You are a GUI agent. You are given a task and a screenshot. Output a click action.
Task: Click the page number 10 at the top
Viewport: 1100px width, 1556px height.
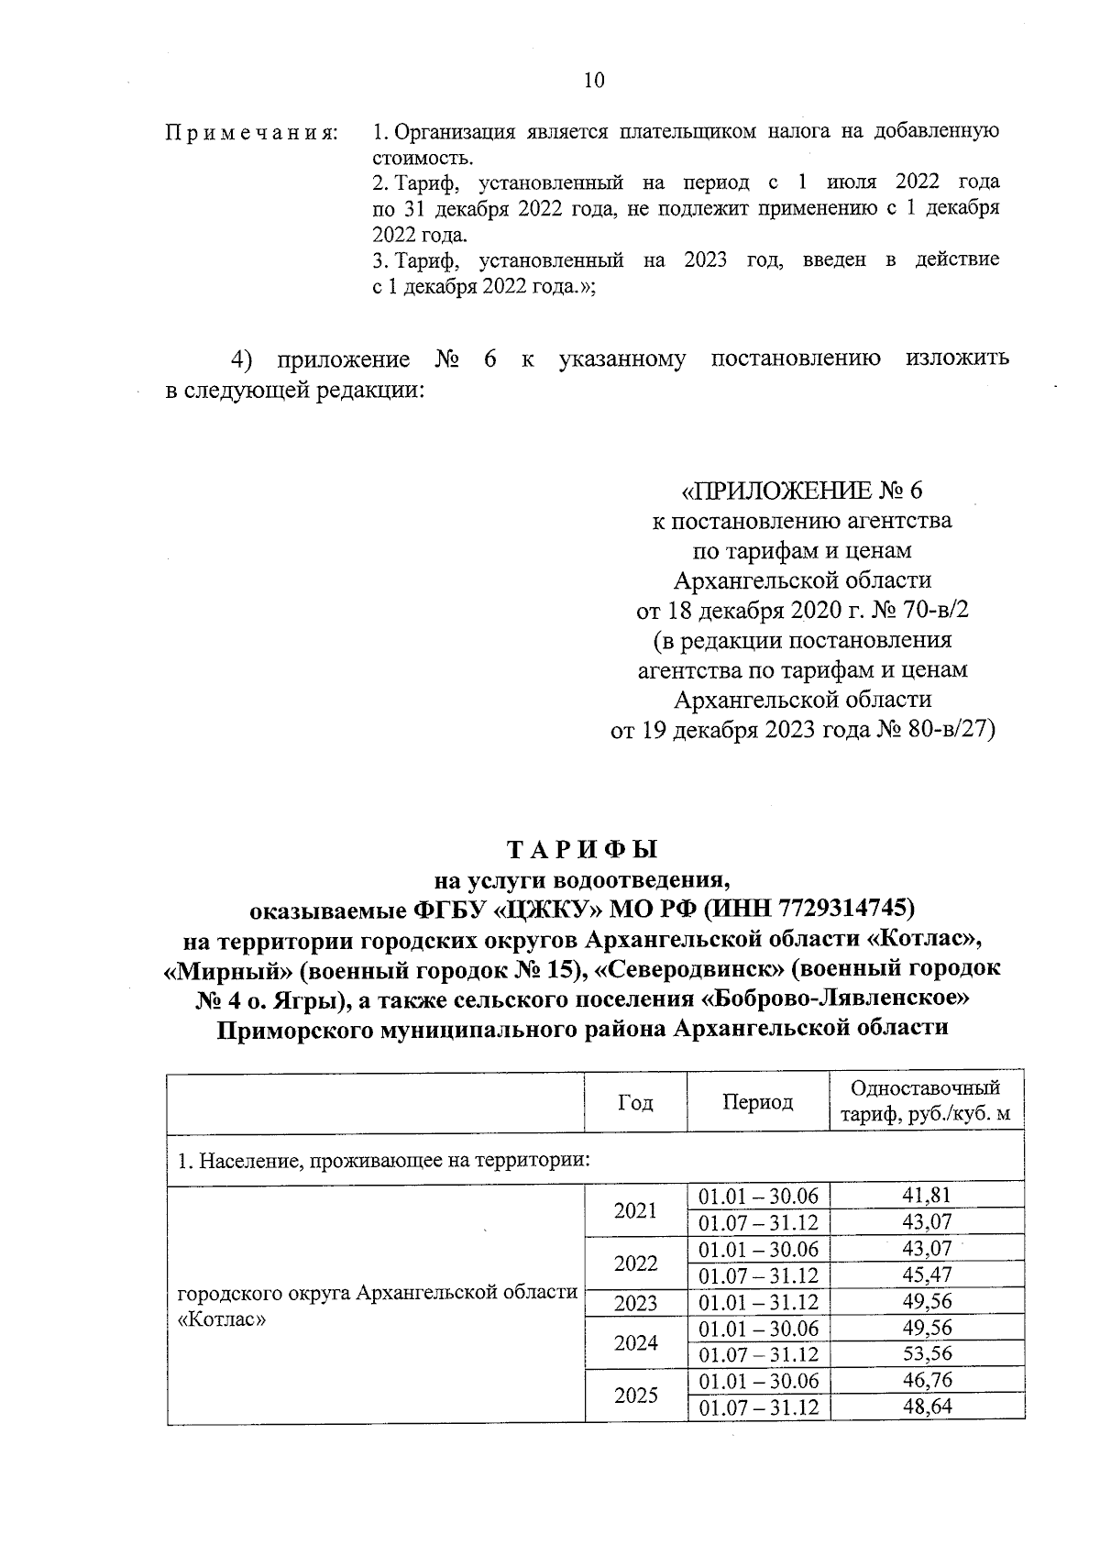point(594,81)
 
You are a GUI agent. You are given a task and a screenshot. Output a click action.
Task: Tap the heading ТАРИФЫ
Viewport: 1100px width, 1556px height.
point(583,849)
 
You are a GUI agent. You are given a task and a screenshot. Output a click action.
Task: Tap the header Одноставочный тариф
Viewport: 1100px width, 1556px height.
point(926,1102)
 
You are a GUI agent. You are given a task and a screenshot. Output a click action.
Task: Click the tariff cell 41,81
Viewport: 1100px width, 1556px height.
point(927,1196)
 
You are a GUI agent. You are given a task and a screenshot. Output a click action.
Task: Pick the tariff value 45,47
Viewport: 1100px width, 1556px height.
point(927,1275)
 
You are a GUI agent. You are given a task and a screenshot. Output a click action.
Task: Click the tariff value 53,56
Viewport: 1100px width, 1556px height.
point(927,1354)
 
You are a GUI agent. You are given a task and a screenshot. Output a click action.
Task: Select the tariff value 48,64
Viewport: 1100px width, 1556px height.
point(927,1407)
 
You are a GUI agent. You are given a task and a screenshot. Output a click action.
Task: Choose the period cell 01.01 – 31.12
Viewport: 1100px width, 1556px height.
point(757,1302)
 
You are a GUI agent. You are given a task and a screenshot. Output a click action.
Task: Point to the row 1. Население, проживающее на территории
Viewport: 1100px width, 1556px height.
point(382,1161)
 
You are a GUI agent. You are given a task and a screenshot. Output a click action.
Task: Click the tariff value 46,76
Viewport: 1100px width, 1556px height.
point(927,1381)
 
